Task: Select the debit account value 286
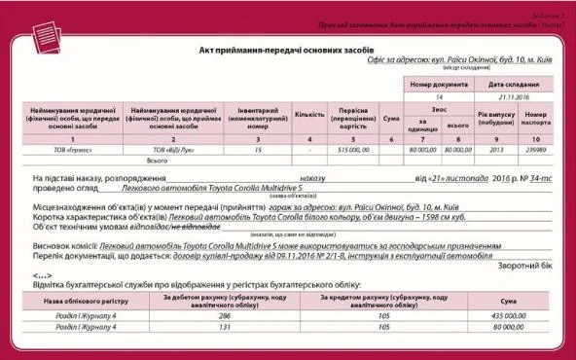(x=224, y=316)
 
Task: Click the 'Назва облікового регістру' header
(x=82, y=300)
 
